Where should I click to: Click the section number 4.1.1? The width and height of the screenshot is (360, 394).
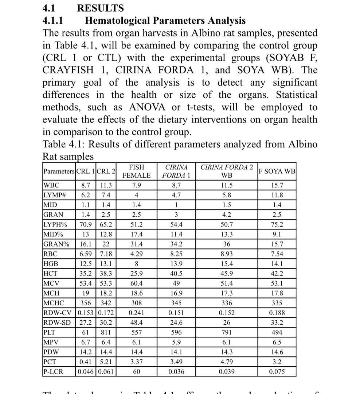(x=53, y=20)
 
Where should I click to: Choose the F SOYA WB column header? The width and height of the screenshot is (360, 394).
(x=277, y=171)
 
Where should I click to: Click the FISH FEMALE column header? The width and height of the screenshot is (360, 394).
(x=136, y=171)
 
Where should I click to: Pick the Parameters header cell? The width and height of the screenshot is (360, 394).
(x=59, y=171)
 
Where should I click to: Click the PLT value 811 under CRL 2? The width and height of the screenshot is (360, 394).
(x=106, y=332)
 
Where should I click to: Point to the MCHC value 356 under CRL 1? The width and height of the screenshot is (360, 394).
(x=86, y=303)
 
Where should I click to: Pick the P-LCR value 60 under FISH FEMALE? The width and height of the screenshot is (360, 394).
(x=136, y=372)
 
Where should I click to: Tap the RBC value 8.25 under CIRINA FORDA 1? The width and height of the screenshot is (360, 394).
(x=176, y=254)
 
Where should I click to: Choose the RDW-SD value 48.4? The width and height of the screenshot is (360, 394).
(x=136, y=322)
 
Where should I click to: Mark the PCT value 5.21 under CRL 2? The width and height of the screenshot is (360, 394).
(x=106, y=362)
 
